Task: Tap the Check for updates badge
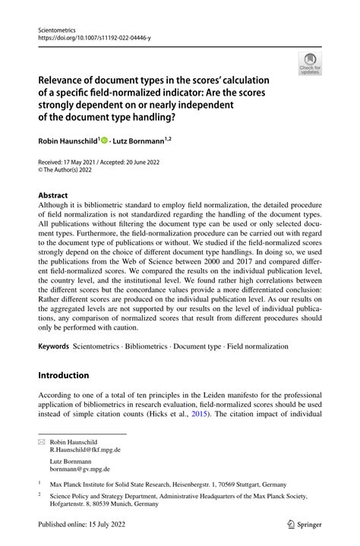pyautogui.click(x=309, y=65)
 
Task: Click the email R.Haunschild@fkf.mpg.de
pyautogui.click(x=85, y=450)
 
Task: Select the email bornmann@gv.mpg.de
pyautogui.click(x=80, y=469)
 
